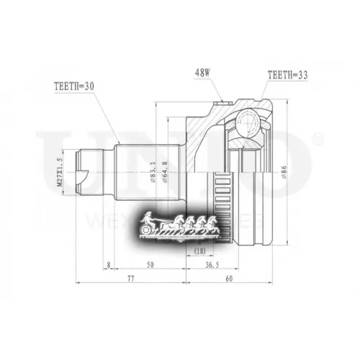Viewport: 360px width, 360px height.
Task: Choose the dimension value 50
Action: tap(149, 266)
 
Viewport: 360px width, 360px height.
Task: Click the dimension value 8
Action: tap(107, 266)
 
